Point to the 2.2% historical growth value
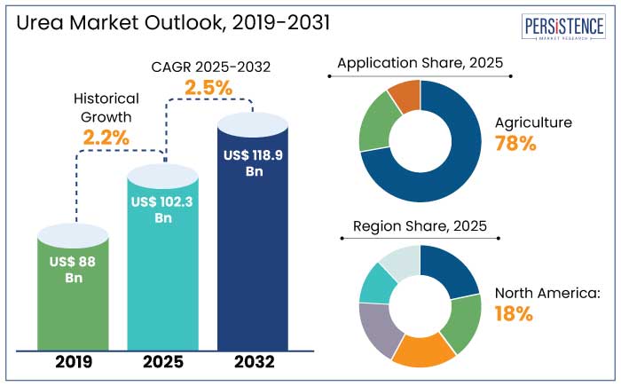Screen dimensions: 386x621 106,138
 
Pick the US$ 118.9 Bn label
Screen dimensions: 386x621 254,163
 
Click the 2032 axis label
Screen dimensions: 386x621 254,362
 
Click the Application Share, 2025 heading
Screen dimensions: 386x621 420,63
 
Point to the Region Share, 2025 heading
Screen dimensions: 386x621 420,225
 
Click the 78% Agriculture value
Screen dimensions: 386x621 515,144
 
